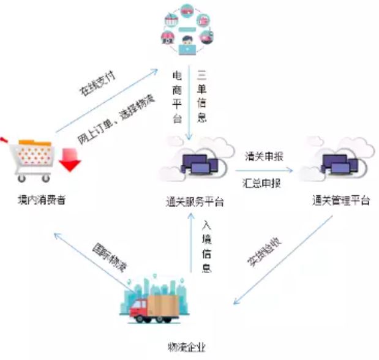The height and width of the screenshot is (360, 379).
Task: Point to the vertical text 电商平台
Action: [178, 97]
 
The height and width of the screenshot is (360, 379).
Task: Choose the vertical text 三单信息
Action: [203, 97]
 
